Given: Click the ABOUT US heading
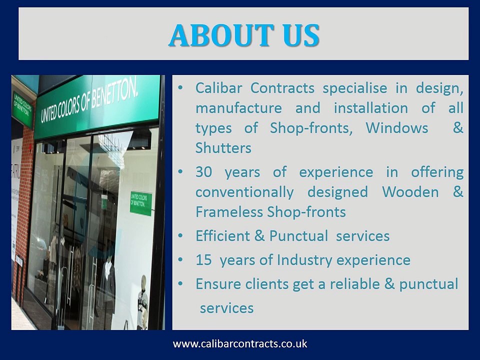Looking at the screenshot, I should click(243, 35).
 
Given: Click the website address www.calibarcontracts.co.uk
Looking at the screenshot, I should click(240, 344).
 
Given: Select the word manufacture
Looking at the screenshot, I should click(238, 108).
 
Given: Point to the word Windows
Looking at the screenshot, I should click(397, 128).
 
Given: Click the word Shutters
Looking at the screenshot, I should click(223, 148).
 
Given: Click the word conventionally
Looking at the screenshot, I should click(244, 192).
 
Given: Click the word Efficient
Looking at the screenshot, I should click(223, 236).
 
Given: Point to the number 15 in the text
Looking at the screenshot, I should click(203, 260).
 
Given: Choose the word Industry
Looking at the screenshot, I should click(304, 260).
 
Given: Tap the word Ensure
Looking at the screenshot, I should click(218, 284).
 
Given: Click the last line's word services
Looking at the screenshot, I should click(226, 308).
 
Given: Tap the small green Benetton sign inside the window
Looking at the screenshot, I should click(141, 203).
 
